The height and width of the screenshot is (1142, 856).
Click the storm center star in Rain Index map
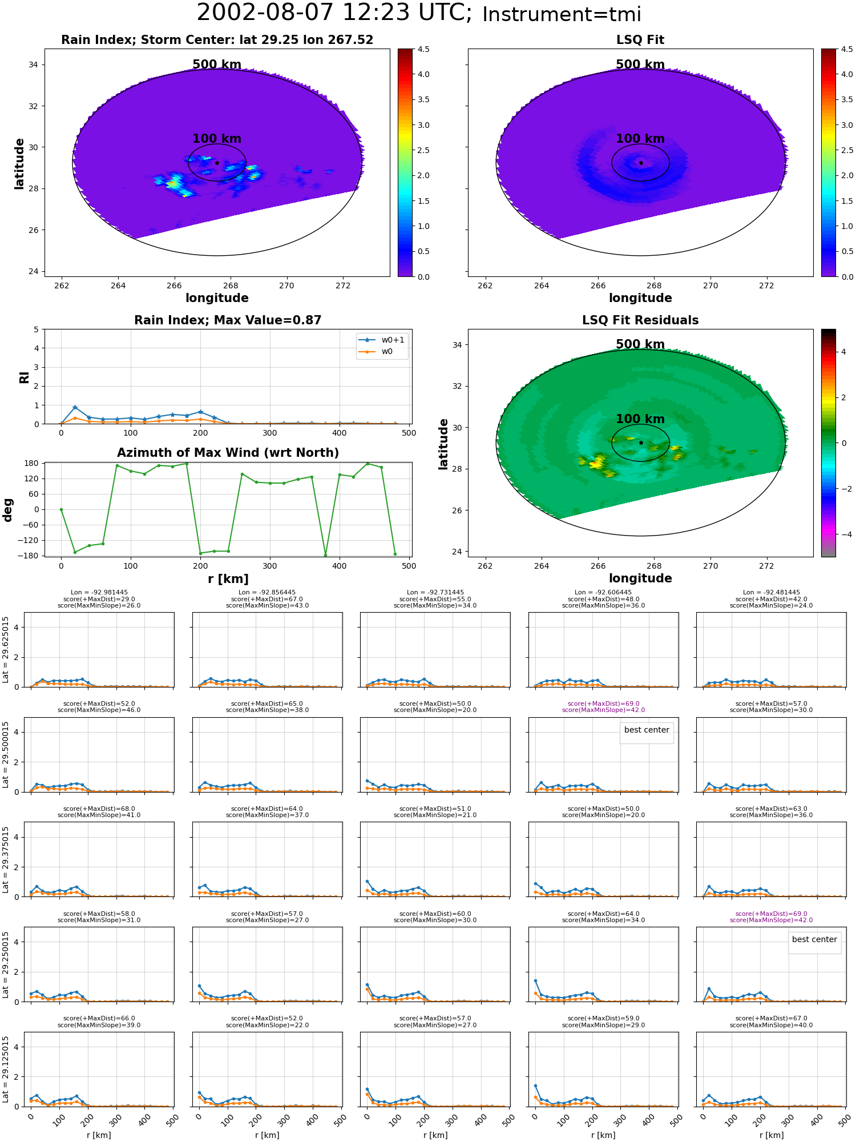[x=217, y=163]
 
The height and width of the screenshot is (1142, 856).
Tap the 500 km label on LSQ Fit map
[x=640, y=65]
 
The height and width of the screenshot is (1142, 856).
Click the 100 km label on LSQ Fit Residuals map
[x=640, y=419]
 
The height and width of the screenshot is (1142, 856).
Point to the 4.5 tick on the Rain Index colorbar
[x=423, y=49]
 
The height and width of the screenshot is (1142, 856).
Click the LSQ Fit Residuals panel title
[x=640, y=320]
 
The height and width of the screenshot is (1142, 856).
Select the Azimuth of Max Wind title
[x=228, y=452]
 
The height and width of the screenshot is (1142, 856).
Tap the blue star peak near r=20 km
[x=75, y=408]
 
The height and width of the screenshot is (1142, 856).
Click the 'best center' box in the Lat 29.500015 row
[x=647, y=730]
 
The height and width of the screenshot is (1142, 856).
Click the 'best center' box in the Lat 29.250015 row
[x=814, y=940]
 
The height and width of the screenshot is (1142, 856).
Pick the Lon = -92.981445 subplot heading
[x=99, y=592]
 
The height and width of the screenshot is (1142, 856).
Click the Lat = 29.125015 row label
[x=6, y=1069]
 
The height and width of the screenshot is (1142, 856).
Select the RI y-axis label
[x=24, y=377]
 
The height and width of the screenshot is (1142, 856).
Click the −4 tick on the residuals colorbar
[x=843, y=534]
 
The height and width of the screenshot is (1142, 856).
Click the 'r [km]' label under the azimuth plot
[x=228, y=578]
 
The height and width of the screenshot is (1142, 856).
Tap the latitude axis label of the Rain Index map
[x=19, y=163]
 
